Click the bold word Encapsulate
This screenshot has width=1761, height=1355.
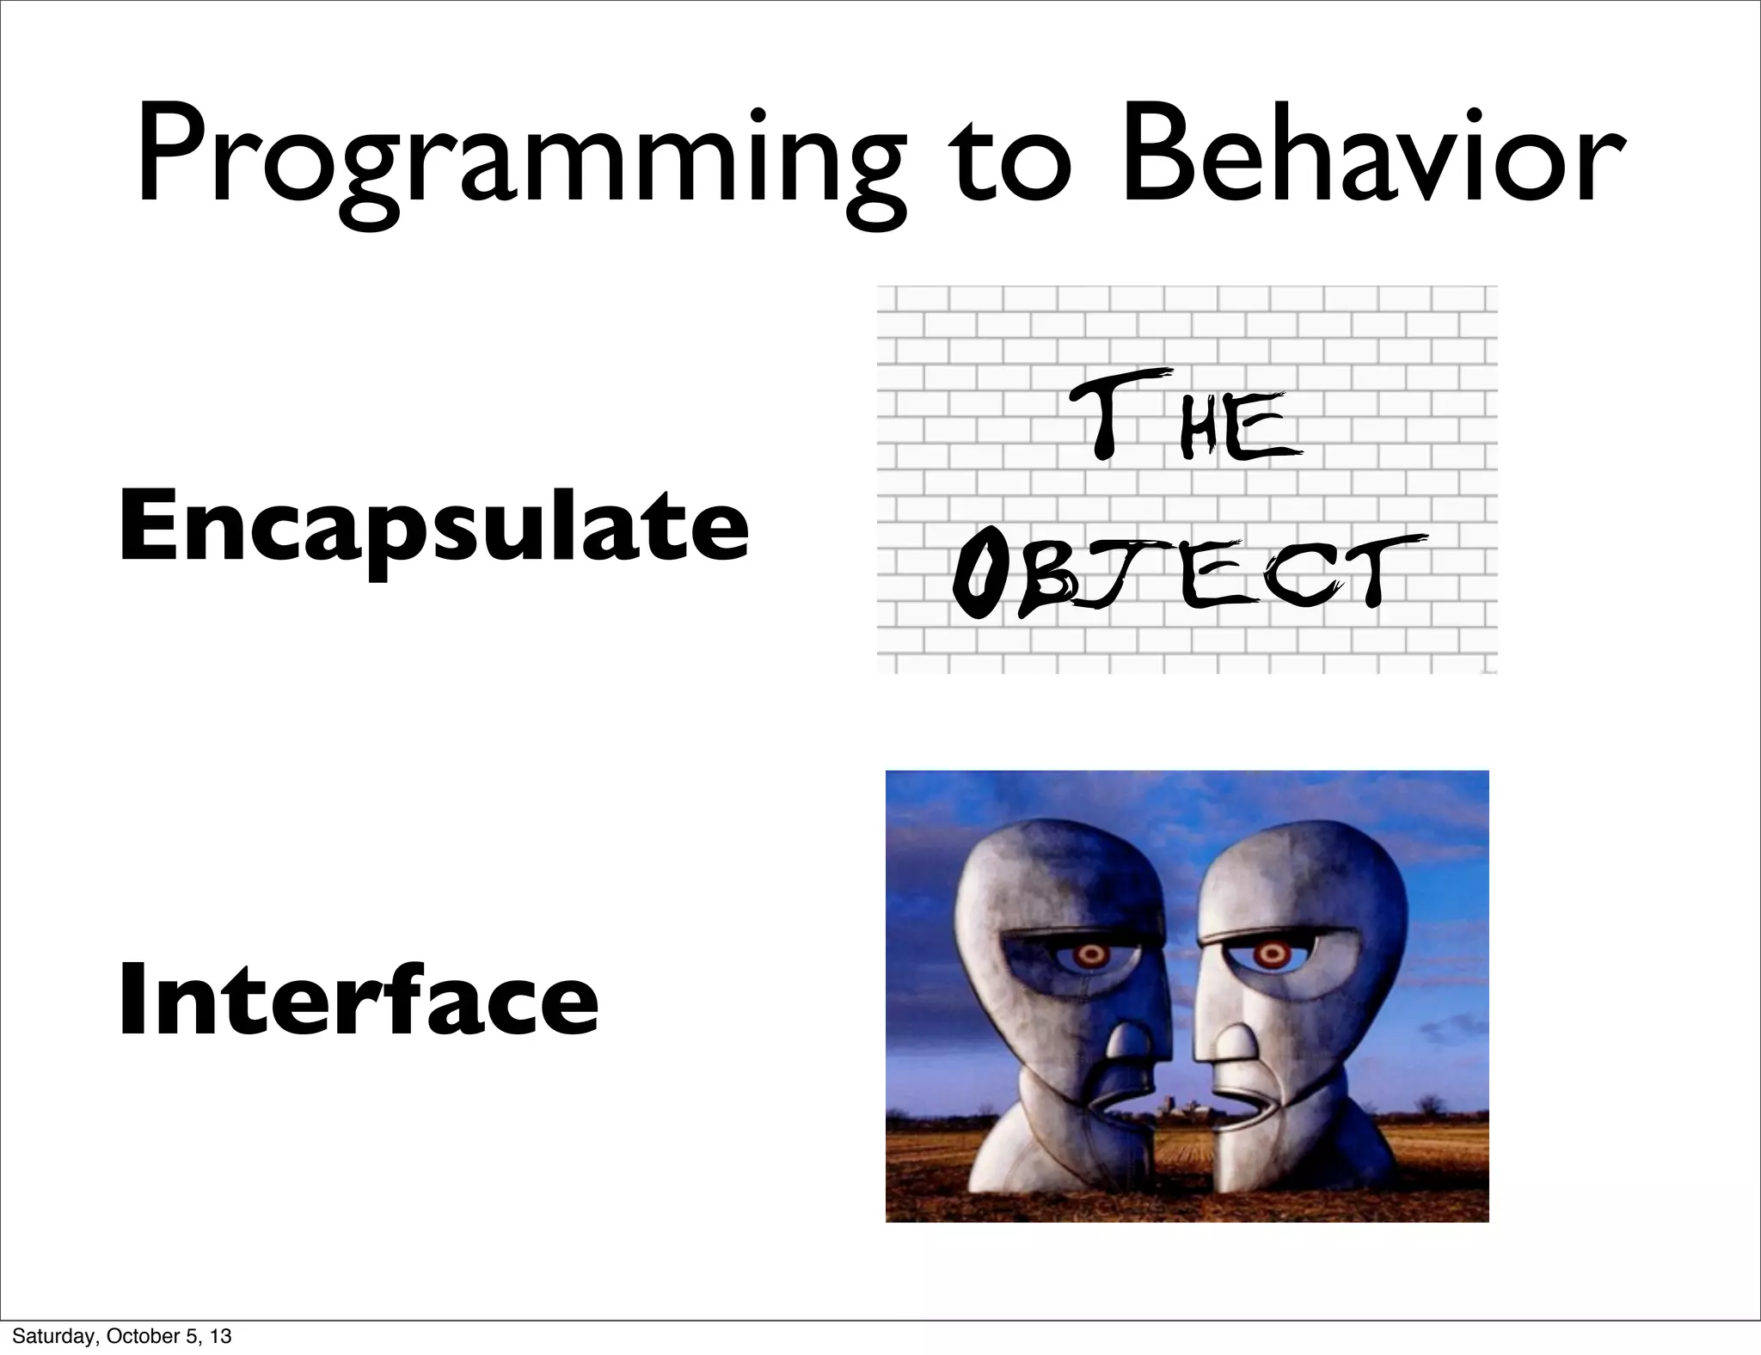[x=433, y=526]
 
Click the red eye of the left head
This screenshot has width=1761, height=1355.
[x=1091, y=953]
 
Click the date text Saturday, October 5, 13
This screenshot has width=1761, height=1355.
[x=122, y=1336]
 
